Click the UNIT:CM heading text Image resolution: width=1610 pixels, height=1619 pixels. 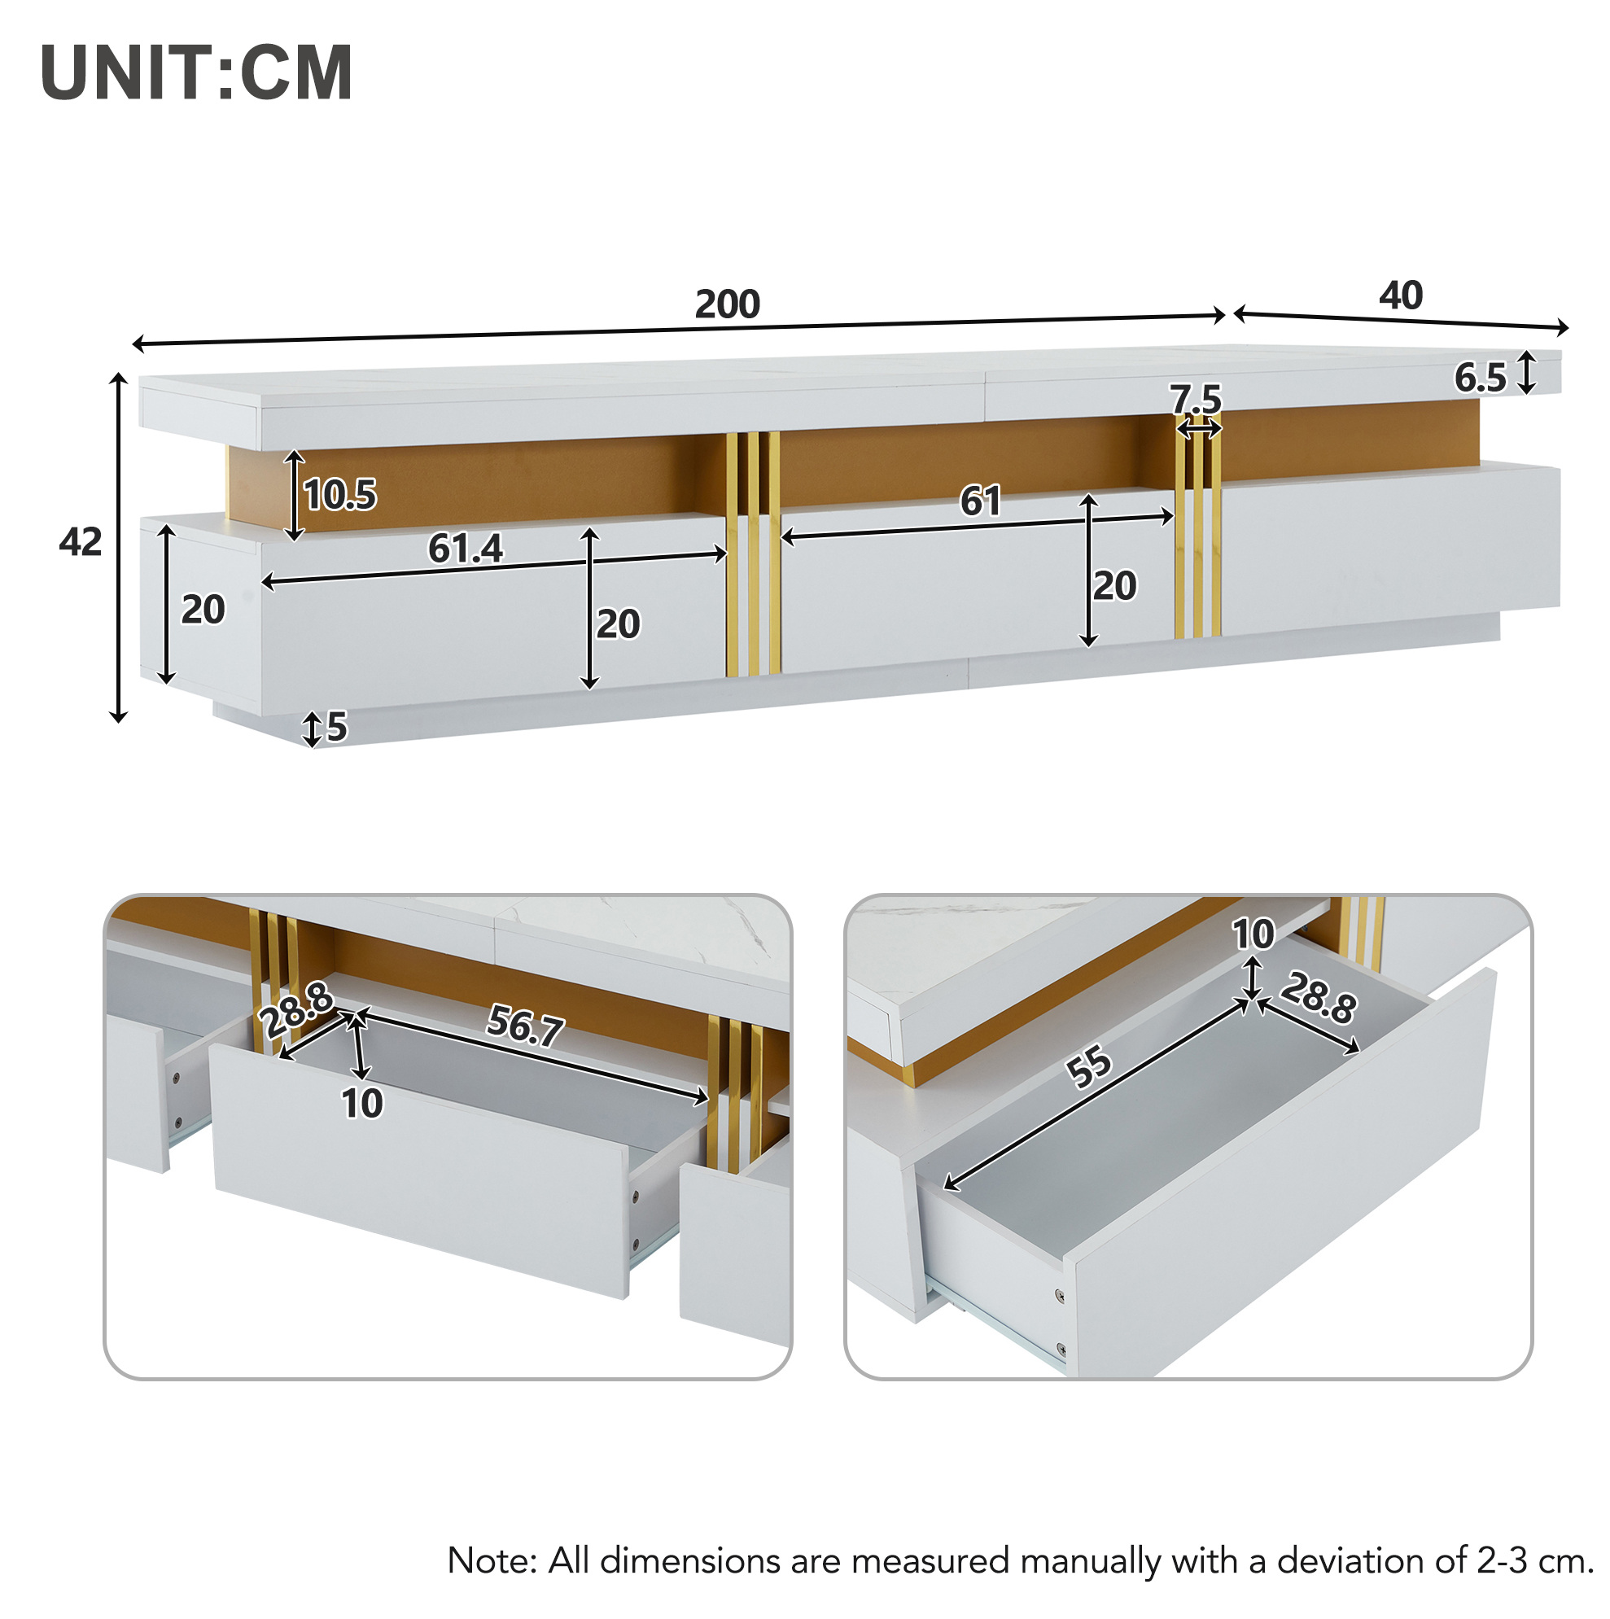tap(196, 73)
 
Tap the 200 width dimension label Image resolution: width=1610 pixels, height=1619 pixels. tap(727, 304)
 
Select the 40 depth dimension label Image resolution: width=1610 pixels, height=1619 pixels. tap(1401, 295)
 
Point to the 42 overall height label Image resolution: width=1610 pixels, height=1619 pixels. tap(81, 542)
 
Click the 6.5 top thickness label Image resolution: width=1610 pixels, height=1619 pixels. tap(1480, 378)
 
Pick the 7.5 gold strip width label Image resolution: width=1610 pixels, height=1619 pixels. tap(1197, 399)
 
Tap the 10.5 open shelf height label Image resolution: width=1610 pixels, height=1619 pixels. tap(339, 494)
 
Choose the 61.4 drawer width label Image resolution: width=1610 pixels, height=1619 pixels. tap(465, 549)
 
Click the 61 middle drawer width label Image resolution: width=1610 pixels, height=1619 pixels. tap(980, 501)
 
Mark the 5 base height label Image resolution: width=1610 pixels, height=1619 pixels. tap(336, 727)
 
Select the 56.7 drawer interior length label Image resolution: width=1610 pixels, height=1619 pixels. tap(526, 1026)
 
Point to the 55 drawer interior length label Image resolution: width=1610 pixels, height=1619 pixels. tap(1089, 1069)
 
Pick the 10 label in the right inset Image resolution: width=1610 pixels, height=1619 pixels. tap(1253, 934)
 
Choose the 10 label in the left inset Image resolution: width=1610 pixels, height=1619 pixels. tap(362, 1104)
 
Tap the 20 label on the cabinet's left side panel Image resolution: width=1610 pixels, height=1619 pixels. tap(203, 609)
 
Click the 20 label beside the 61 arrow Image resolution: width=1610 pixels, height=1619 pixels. tap(1114, 586)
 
